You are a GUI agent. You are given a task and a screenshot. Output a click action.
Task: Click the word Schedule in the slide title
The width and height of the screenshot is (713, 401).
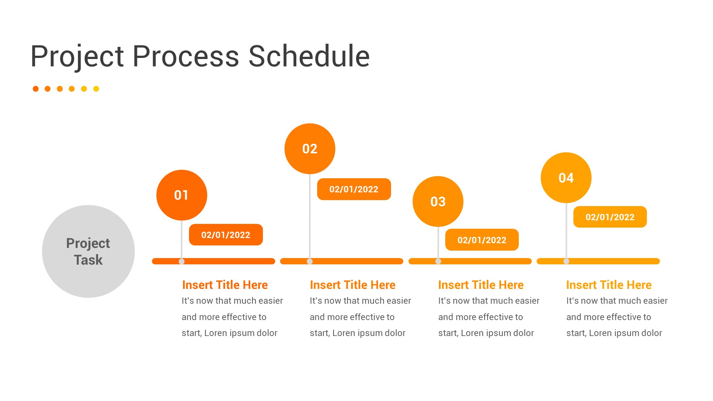(x=309, y=56)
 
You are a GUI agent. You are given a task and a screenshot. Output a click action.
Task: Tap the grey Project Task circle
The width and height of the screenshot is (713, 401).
(x=88, y=251)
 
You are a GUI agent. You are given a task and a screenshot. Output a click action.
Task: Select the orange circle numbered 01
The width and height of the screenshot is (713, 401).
(x=182, y=195)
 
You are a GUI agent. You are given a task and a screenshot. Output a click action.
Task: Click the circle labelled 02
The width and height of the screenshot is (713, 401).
(x=310, y=149)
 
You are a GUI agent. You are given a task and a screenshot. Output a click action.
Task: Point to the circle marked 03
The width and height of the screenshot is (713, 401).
(x=438, y=201)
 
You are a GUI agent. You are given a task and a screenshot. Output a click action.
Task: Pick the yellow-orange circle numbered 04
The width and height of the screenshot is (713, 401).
(x=566, y=177)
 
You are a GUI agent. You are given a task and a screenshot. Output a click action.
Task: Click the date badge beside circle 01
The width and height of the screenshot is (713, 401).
(x=226, y=235)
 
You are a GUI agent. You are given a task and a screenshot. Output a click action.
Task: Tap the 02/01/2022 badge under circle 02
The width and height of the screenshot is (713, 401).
(x=354, y=189)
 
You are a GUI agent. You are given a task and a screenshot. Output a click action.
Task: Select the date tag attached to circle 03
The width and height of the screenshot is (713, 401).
(x=482, y=240)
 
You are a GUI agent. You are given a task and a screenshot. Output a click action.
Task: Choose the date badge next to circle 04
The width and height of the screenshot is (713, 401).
(x=610, y=217)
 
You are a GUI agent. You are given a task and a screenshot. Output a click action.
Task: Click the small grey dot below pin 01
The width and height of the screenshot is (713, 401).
(x=182, y=261)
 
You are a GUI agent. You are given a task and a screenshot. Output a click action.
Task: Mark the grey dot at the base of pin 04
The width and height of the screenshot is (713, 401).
(x=566, y=261)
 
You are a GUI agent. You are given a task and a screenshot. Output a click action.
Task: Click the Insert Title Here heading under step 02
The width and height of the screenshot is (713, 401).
(x=352, y=285)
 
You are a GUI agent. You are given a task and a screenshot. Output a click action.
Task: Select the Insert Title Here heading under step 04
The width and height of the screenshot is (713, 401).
(x=609, y=285)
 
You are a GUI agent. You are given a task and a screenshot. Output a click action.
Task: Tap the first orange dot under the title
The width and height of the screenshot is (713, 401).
(x=36, y=89)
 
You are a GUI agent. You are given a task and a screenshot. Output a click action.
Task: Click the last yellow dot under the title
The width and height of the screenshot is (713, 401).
(x=96, y=89)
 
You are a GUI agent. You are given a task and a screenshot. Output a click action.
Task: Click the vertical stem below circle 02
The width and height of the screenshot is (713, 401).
(x=310, y=219)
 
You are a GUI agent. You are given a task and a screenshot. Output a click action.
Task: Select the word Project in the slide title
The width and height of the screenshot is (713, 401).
(x=77, y=56)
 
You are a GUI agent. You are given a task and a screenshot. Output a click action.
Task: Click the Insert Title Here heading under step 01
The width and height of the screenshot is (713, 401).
(x=225, y=285)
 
